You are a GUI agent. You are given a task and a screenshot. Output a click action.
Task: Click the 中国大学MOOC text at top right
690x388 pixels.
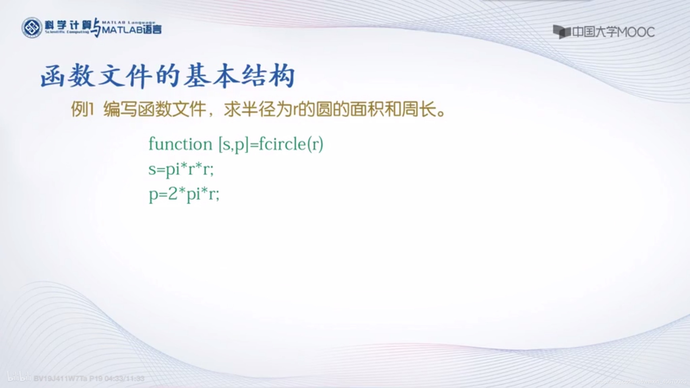tap(613, 32)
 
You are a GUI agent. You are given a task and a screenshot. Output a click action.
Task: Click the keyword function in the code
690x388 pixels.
tap(180, 144)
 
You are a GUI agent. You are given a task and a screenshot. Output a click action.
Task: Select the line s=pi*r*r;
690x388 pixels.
tap(181, 169)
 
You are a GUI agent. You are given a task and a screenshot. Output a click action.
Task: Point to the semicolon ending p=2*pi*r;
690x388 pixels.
tap(217, 195)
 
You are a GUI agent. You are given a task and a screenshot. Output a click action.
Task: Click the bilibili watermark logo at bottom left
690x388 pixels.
tap(19, 378)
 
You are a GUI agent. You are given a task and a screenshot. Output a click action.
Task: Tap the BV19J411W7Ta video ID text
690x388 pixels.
tap(61, 379)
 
